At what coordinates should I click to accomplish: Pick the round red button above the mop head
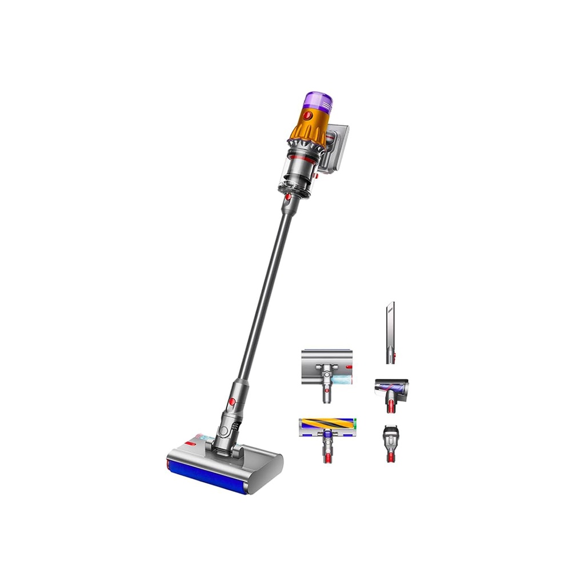(x=232, y=402)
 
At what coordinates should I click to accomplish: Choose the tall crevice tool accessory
(x=390, y=331)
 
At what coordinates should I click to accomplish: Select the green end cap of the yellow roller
(x=355, y=424)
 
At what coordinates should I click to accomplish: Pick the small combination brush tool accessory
(x=391, y=443)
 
